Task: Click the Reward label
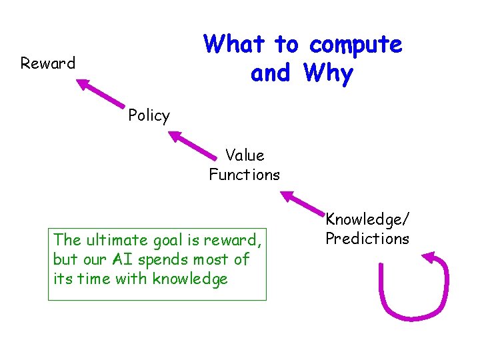[47, 64]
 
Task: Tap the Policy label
[149, 116]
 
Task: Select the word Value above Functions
[245, 156]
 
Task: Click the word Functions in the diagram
[244, 175]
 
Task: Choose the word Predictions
[367, 239]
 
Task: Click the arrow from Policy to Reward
[101, 93]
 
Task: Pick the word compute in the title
[355, 45]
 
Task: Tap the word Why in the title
[327, 73]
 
